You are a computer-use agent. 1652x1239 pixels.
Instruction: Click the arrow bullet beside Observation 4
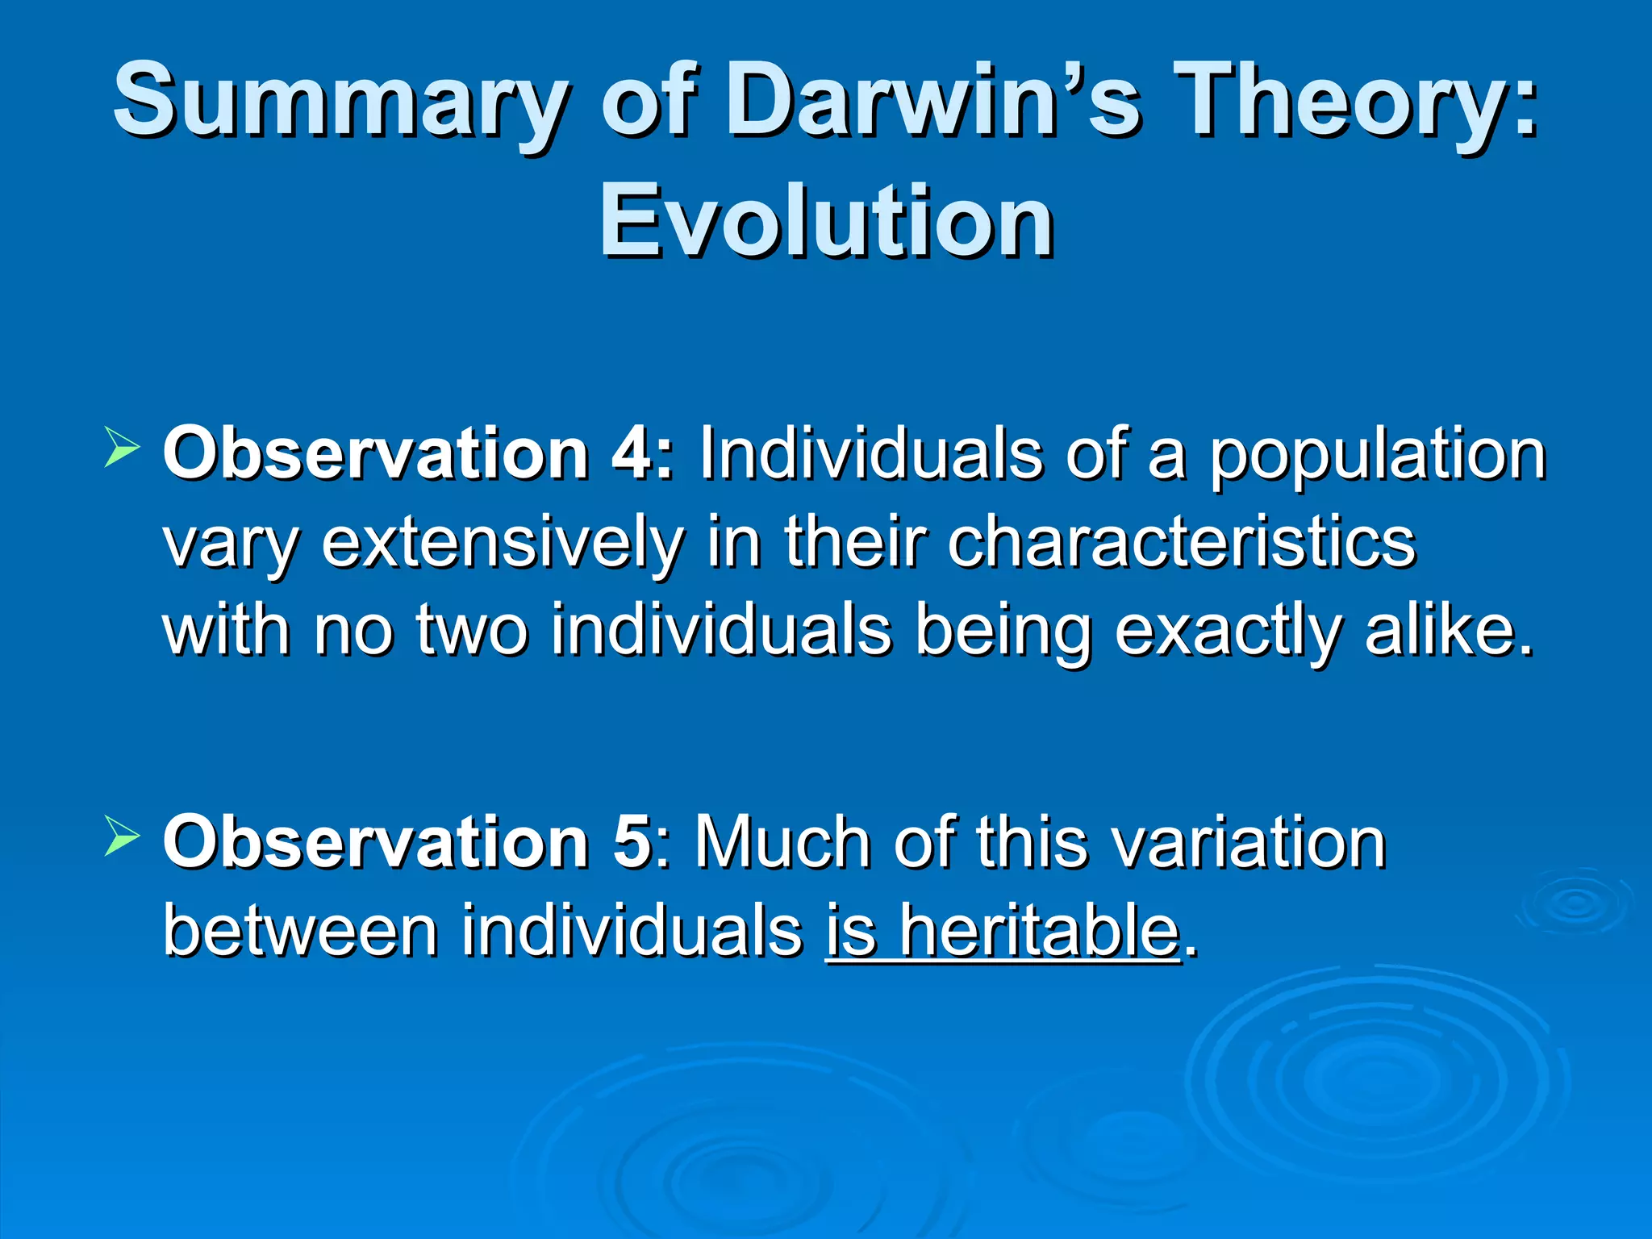[x=122, y=448]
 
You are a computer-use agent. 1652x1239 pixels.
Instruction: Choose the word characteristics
[x=1182, y=542]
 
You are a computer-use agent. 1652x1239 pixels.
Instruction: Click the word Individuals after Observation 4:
[x=870, y=454]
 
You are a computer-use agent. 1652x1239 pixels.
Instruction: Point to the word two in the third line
[x=471, y=631]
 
